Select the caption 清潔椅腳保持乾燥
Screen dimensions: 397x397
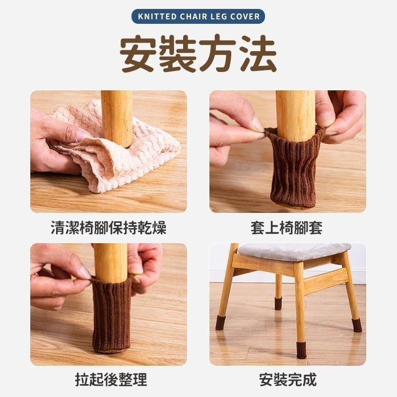pyautogui.click(x=109, y=228)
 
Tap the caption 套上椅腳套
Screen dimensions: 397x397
pyautogui.click(x=287, y=228)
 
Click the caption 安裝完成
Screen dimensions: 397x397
pyautogui.click(x=287, y=380)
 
